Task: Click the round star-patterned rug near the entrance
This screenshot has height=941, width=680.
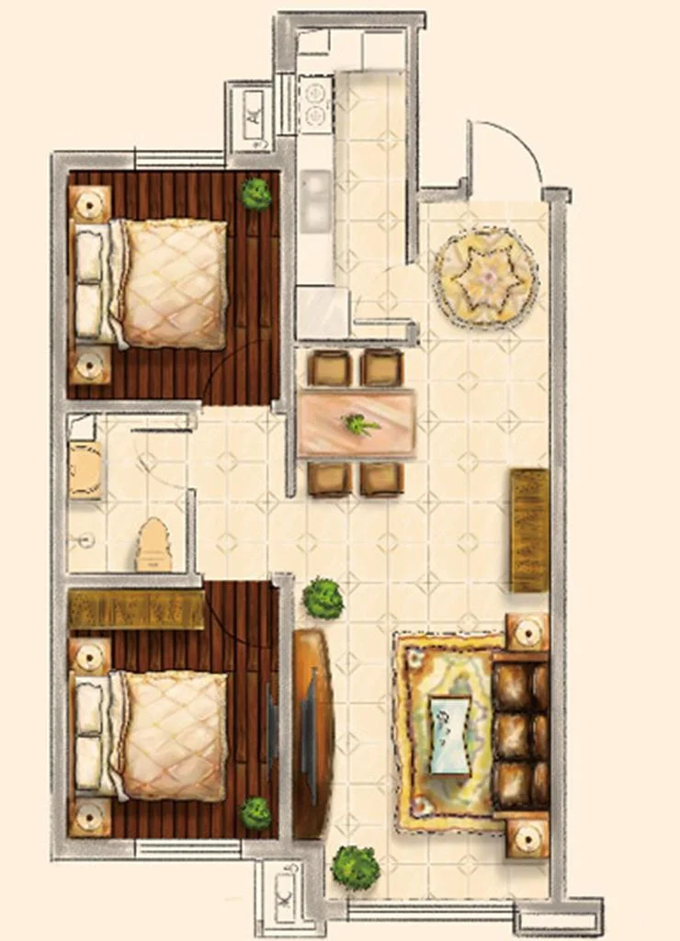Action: coord(485,276)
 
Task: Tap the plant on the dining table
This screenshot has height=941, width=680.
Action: coord(359,425)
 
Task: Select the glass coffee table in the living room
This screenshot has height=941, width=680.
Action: coord(450,734)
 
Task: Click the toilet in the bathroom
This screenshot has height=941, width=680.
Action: coord(154,547)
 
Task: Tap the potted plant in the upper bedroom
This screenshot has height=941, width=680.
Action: coord(256,193)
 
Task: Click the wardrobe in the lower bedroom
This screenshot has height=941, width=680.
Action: coord(136,610)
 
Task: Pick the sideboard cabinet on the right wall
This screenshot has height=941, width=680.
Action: coord(530,530)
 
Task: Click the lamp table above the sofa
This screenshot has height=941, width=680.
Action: coord(527,632)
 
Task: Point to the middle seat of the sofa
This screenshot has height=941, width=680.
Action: coord(520,736)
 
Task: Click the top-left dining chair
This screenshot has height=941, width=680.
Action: coord(330,368)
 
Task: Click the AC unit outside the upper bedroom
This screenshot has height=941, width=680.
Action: coord(255,116)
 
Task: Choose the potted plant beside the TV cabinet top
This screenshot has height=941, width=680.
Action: coord(323,597)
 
